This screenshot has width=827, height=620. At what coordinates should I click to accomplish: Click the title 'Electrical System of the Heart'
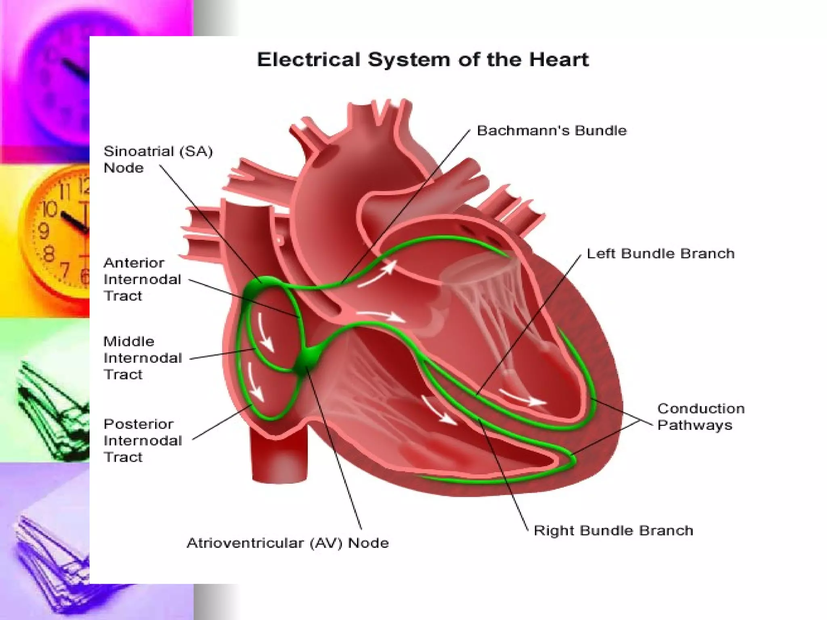[423, 60]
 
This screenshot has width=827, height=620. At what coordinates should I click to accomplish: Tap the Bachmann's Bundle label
[552, 131]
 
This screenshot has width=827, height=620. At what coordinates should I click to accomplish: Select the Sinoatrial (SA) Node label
[158, 159]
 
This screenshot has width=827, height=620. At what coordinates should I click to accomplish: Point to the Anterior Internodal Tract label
[142, 279]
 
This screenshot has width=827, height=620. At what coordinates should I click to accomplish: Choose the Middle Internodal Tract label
[143, 358]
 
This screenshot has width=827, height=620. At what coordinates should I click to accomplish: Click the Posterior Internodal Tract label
[143, 440]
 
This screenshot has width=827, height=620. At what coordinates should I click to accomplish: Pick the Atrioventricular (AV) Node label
[288, 543]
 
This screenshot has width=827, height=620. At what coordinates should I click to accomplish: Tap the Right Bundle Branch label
[613, 530]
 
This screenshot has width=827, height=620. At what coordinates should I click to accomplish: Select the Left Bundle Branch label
[660, 253]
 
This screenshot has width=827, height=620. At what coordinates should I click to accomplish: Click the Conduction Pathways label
[701, 417]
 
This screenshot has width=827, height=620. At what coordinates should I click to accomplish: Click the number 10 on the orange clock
[49, 209]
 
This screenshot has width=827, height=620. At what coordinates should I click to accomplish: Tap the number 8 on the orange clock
[48, 254]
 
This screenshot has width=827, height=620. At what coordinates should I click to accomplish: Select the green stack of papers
[52, 408]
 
